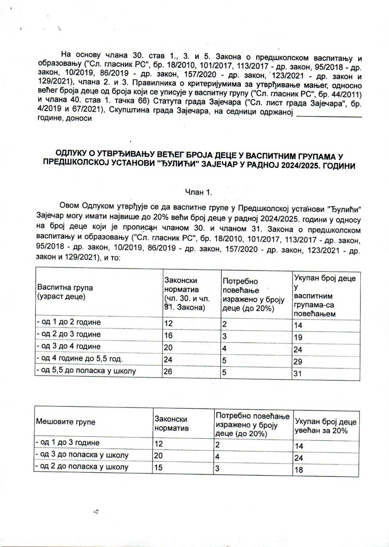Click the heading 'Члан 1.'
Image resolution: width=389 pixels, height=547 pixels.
[x=198, y=192]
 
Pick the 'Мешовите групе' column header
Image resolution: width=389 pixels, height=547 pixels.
[x=65, y=422]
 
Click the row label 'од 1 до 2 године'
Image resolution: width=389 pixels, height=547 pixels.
[x=69, y=322]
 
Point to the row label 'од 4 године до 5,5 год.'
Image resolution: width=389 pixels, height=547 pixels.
[x=80, y=359]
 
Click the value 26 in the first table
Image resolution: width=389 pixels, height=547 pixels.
[x=168, y=371]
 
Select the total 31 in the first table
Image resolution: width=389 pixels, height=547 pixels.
[x=298, y=374]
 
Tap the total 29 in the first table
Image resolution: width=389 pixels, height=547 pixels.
[x=298, y=361]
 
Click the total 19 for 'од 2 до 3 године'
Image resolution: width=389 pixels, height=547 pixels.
[x=298, y=338]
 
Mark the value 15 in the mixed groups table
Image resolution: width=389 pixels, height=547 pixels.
[x=158, y=467]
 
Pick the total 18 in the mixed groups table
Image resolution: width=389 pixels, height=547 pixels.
[x=299, y=470]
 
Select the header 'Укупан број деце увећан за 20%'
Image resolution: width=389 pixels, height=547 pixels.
[x=325, y=426]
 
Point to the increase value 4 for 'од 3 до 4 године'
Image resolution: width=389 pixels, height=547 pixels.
[x=224, y=348]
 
